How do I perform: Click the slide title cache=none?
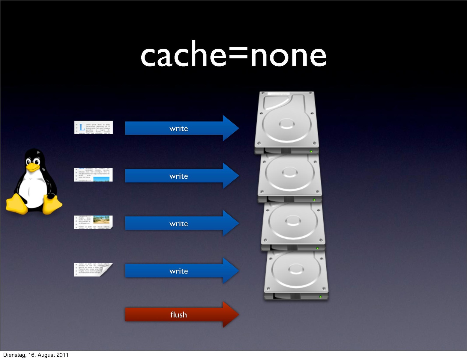(x=233, y=55)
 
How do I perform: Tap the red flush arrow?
(x=181, y=315)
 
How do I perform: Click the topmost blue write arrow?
(x=181, y=129)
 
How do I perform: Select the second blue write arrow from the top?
(x=181, y=176)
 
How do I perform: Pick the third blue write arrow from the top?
(x=181, y=223)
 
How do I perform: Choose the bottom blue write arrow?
(x=181, y=271)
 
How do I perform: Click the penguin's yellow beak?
(x=32, y=167)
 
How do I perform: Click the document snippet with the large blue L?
(x=93, y=127)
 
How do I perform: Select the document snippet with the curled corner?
(x=93, y=270)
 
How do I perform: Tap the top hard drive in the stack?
(x=287, y=122)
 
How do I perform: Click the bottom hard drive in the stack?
(x=296, y=275)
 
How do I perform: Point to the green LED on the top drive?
(x=311, y=152)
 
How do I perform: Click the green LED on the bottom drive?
(x=320, y=297)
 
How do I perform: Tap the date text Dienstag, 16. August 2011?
(x=36, y=355)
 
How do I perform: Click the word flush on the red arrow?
(x=178, y=315)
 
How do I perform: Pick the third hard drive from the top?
(x=293, y=225)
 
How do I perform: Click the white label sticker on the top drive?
(x=279, y=94)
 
